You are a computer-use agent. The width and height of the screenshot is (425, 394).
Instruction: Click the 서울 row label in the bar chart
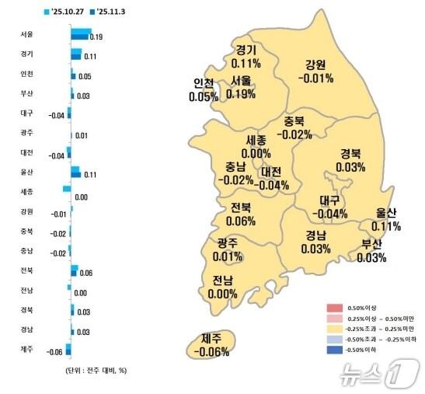(x=26, y=34)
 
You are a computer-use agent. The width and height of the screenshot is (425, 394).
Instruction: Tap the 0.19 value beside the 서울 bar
(x=96, y=37)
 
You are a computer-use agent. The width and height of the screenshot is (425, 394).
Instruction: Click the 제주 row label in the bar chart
(x=26, y=349)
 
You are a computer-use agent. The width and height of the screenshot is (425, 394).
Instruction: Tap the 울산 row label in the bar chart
(x=26, y=172)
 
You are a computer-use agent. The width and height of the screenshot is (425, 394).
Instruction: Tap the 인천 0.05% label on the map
(x=204, y=90)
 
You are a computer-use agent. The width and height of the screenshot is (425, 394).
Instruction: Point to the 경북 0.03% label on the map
(x=351, y=160)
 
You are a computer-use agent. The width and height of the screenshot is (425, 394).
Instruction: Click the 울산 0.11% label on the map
(x=385, y=219)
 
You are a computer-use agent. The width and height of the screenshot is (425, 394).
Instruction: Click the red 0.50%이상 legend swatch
(x=334, y=307)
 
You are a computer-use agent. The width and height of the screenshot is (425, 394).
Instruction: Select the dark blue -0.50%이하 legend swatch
(x=334, y=350)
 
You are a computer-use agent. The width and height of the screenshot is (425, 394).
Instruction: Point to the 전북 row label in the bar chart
(x=26, y=270)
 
